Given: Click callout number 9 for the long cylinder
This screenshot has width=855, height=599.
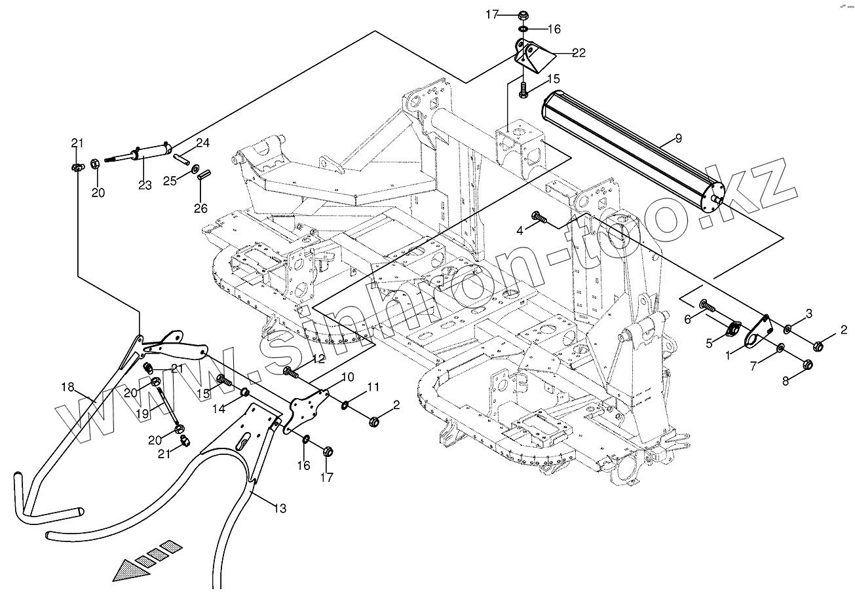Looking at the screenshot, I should pyautogui.click(x=678, y=138).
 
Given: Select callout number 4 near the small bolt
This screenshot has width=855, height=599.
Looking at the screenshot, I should pyautogui.click(x=519, y=230).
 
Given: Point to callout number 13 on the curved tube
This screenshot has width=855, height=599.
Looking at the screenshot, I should pyautogui.click(x=280, y=509).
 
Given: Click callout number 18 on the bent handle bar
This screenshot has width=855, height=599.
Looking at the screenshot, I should pyautogui.click(x=67, y=387).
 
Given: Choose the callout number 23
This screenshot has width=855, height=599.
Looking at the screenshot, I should pyautogui.click(x=145, y=185).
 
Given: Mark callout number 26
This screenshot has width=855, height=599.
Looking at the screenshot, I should pyautogui.click(x=200, y=208).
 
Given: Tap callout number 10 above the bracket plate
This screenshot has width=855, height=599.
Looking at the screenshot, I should pyautogui.click(x=347, y=376).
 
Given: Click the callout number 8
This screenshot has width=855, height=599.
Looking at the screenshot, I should pyautogui.click(x=786, y=381).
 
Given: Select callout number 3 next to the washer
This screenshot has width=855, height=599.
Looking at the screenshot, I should pyautogui.click(x=809, y=314).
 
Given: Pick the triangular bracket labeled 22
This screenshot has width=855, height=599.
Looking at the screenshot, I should pyautogui.click(x=532, y=56).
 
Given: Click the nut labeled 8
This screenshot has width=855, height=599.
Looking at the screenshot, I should pyautogui.click(x=807, y=363).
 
